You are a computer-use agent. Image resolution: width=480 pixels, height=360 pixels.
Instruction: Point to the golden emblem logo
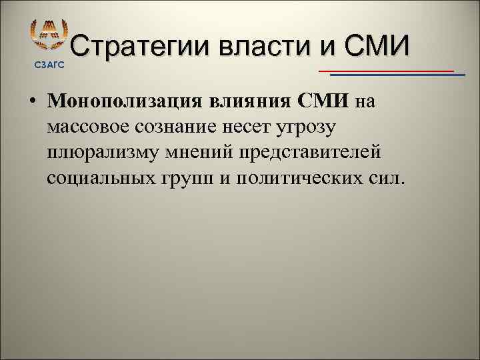49,35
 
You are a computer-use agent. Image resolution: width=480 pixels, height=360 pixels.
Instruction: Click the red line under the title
387,70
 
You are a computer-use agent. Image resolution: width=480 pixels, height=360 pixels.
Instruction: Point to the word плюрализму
106,153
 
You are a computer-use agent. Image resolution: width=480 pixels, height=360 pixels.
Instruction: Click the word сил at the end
388,178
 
